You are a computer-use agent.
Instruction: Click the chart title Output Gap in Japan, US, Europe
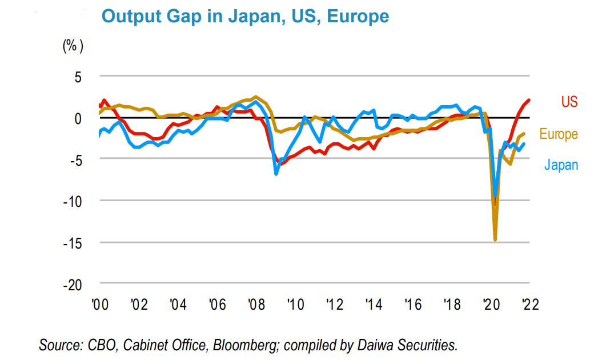(x=245, y=16)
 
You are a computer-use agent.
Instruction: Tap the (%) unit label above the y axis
(x=73, y=47)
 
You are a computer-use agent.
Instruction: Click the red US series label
(x=569, y=102)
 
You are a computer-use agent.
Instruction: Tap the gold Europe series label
(x=559, y=134)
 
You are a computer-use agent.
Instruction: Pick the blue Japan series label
(x=561, y=165)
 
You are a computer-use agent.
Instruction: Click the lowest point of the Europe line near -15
(x=495, y=240)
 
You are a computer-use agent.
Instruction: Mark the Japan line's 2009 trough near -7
(x=276, y=174)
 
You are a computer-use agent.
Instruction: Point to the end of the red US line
(x=529, y=100)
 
